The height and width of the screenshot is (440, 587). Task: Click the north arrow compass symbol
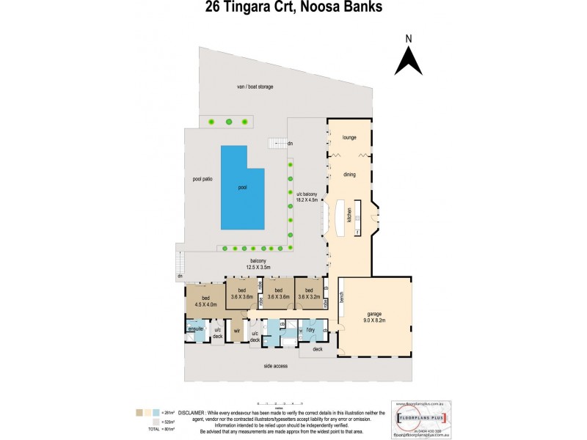tap(408, 56)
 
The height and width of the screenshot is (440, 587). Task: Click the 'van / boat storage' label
tap(255, 87)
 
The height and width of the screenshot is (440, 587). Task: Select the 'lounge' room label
tap(349, 136)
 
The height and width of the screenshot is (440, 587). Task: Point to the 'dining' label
tap(349, 174)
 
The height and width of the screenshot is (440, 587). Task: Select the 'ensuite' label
tap(196, 330)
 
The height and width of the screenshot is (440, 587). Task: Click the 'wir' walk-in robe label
tap(237, 331)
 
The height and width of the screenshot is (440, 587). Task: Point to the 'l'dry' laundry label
tap(310, 330)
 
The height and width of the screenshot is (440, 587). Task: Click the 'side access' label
tap(275, 364)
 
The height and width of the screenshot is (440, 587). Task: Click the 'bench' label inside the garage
tap(342, 296)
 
